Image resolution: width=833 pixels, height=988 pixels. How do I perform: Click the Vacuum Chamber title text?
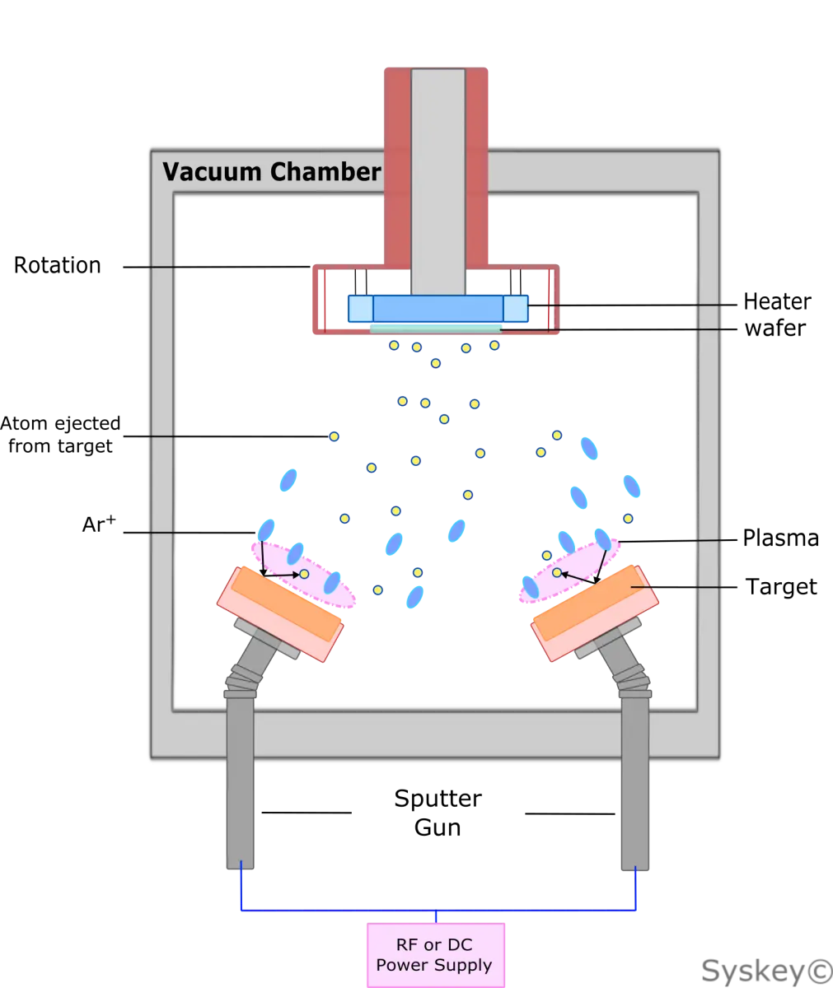(x=271, y=171)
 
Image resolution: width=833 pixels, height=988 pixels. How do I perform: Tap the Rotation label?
(x=58, y=265)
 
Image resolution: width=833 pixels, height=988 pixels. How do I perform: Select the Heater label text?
(x=777, y=301)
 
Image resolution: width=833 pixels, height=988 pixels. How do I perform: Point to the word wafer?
(x=775, y=328)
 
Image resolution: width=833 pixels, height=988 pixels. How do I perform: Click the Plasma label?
(x=780, y=538)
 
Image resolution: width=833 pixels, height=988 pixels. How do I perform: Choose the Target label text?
(x=781, y=587)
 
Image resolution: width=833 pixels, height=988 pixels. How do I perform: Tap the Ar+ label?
(x=99, y=524)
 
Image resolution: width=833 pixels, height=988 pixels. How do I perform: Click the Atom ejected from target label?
(x=60, y=435)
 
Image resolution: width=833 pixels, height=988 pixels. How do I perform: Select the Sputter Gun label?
(x=438, y=813)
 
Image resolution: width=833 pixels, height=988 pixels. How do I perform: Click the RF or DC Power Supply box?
(x=436, y=955)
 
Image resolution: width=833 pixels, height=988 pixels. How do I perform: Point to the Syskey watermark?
(x=767, y=971)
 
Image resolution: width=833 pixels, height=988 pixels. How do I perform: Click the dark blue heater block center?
(x=438, y=309)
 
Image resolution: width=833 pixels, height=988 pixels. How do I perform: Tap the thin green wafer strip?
(x=436, y=329)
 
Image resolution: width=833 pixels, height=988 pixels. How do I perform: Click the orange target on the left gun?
(x=286, y=604)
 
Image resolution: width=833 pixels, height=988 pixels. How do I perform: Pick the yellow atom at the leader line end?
(x=334, y=436)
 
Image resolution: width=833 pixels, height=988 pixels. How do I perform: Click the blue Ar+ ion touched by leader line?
(x=265, y=530)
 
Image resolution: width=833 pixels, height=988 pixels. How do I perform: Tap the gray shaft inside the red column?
(x=438, y=182)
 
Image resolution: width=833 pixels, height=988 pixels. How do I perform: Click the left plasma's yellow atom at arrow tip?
(x=305, y=574)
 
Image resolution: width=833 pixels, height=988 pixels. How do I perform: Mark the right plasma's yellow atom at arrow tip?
(x=557, y=572)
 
